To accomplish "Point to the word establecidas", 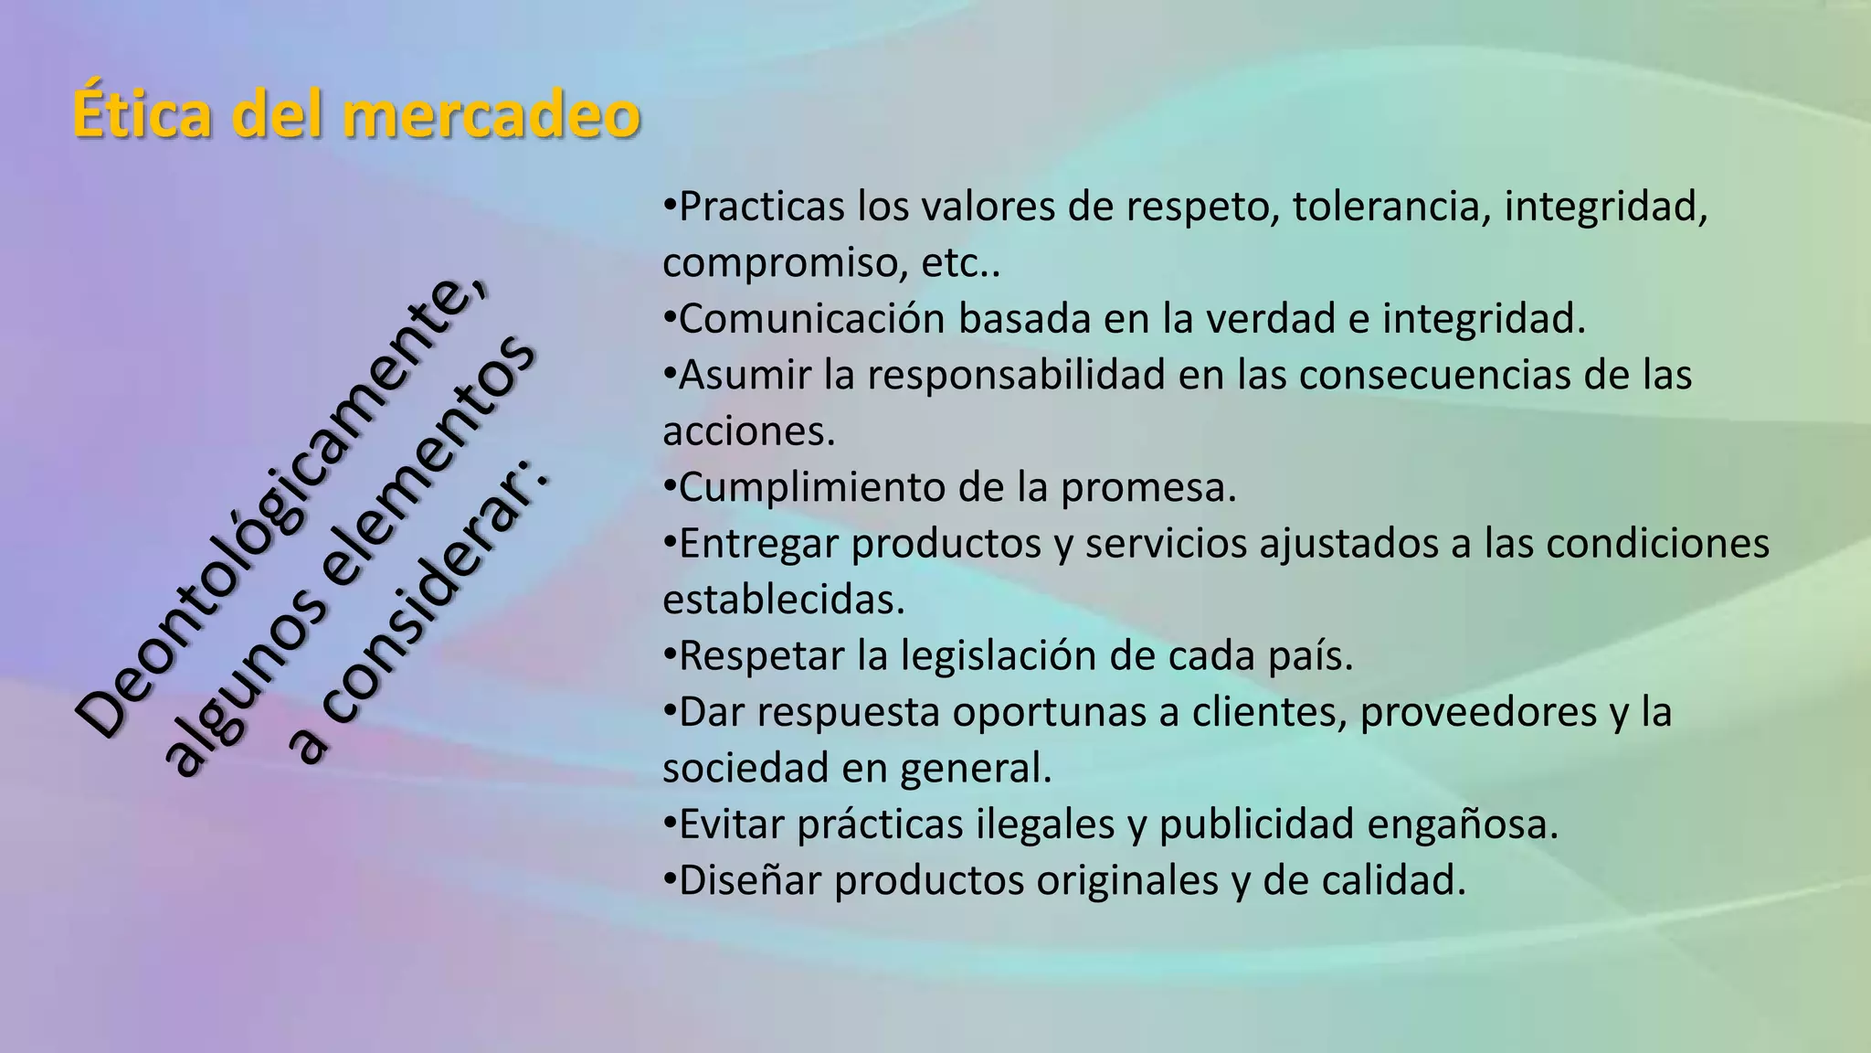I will tap(783, 600).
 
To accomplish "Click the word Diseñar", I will tap(750, 880).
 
